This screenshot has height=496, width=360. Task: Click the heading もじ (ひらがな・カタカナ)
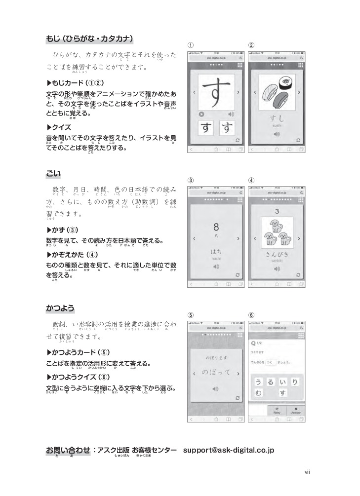coord(89,38)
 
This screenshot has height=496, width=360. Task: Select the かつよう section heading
coord(60,308)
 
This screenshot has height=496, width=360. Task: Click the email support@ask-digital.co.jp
coord(228,450)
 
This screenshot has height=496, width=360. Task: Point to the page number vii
coord(307,472)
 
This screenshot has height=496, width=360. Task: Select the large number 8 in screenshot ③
coord(216,228)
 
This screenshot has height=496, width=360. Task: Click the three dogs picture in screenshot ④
coord(277,231)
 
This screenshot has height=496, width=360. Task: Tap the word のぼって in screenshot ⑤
coord(216,373)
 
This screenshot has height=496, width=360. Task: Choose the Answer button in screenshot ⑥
coord(295,411)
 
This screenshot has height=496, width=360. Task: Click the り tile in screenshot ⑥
coord(294,381)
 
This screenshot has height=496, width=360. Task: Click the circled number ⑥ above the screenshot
coord(251,315)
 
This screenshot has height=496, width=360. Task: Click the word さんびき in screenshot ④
coord(277,254)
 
